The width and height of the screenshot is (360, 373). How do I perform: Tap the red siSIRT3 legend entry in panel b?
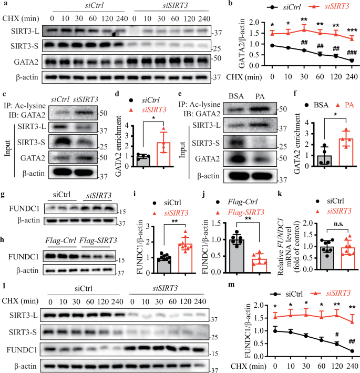pos(318,7)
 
